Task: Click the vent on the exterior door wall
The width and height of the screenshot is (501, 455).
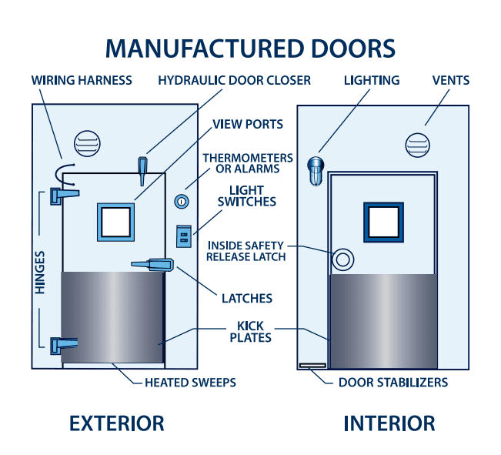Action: click(x=87, y=143)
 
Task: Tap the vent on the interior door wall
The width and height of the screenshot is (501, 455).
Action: click(x=418, y=146)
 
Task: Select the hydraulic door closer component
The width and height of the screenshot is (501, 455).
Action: click(x=142, y=171)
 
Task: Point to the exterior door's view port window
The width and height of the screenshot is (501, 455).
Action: click(x=115, y=222)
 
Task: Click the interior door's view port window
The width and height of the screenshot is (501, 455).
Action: click(x=383, y=222)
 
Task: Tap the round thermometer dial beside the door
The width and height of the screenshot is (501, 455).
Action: click(x=182, y=202)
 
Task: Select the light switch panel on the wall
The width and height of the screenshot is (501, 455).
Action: click(x=184, y=236)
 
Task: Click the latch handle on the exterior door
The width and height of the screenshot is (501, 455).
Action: click(x=153, y=264)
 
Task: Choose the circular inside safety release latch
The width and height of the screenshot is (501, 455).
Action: click(x=342, y=259)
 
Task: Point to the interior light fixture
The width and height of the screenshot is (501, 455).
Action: click(x=316, y=171)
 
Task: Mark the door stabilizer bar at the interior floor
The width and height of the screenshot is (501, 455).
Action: click(x=312, y=365)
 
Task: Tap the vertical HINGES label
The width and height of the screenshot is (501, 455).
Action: click(x=39, y=273)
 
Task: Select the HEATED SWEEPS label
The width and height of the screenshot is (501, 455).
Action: click(x=190, y=383)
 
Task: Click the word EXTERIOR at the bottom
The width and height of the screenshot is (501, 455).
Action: click(x=117, y=423)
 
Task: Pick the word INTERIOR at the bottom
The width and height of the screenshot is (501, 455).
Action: click(x=389, y=423)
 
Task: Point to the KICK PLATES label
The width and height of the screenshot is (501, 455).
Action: click(x=251, y=332)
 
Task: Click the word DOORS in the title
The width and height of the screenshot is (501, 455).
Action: click(x=353, y=49)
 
